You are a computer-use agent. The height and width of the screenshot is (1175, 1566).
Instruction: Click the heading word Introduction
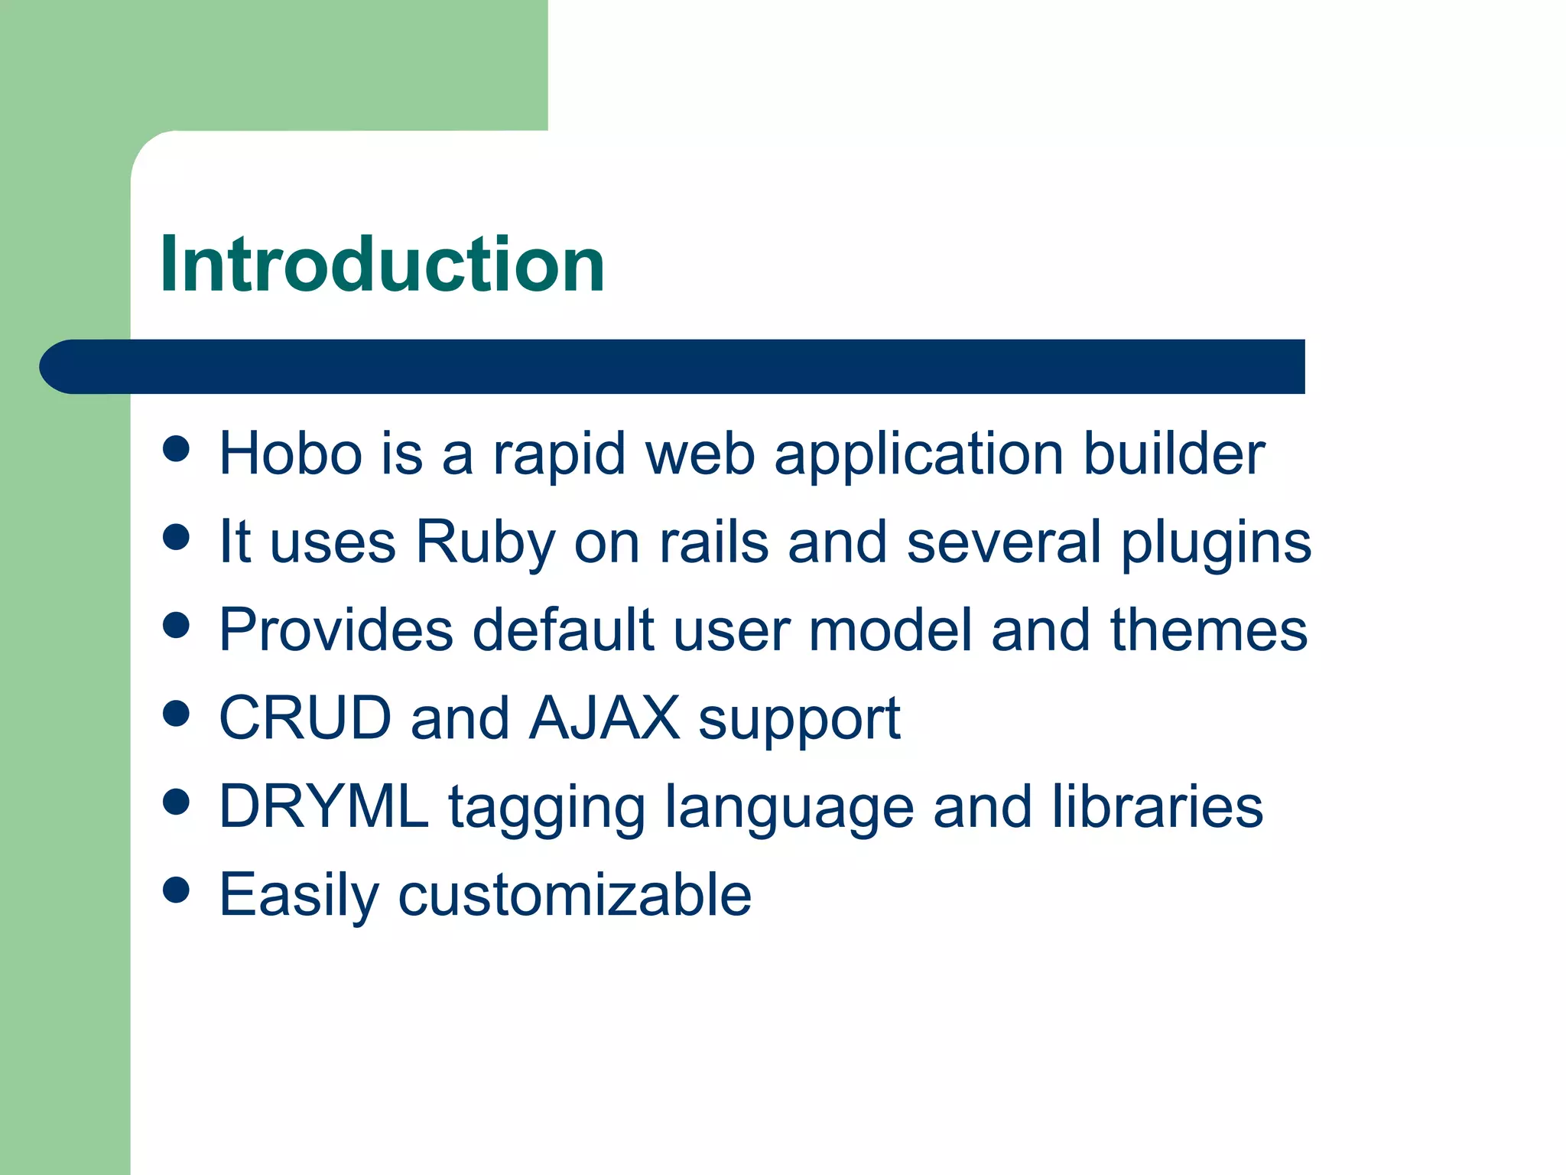tap(382, 264)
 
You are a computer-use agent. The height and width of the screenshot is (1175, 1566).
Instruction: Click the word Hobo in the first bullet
tap(291, 454)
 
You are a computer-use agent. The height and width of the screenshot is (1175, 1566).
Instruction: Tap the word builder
tap(1174, 454)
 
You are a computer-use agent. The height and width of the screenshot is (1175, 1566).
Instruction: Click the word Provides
tap(336, 630)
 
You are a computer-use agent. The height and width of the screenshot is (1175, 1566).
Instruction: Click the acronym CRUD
tap(305, 718)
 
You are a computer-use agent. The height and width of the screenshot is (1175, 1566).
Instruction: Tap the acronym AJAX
tap(604, 718)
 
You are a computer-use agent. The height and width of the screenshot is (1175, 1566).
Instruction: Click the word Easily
tap(299, 894)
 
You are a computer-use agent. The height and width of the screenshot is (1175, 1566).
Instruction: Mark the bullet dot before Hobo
tap(177, 449)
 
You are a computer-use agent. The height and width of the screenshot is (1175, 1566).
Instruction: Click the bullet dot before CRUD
tap(177, 714)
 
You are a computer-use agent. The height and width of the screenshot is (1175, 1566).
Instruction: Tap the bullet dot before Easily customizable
tap(177, 890)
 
